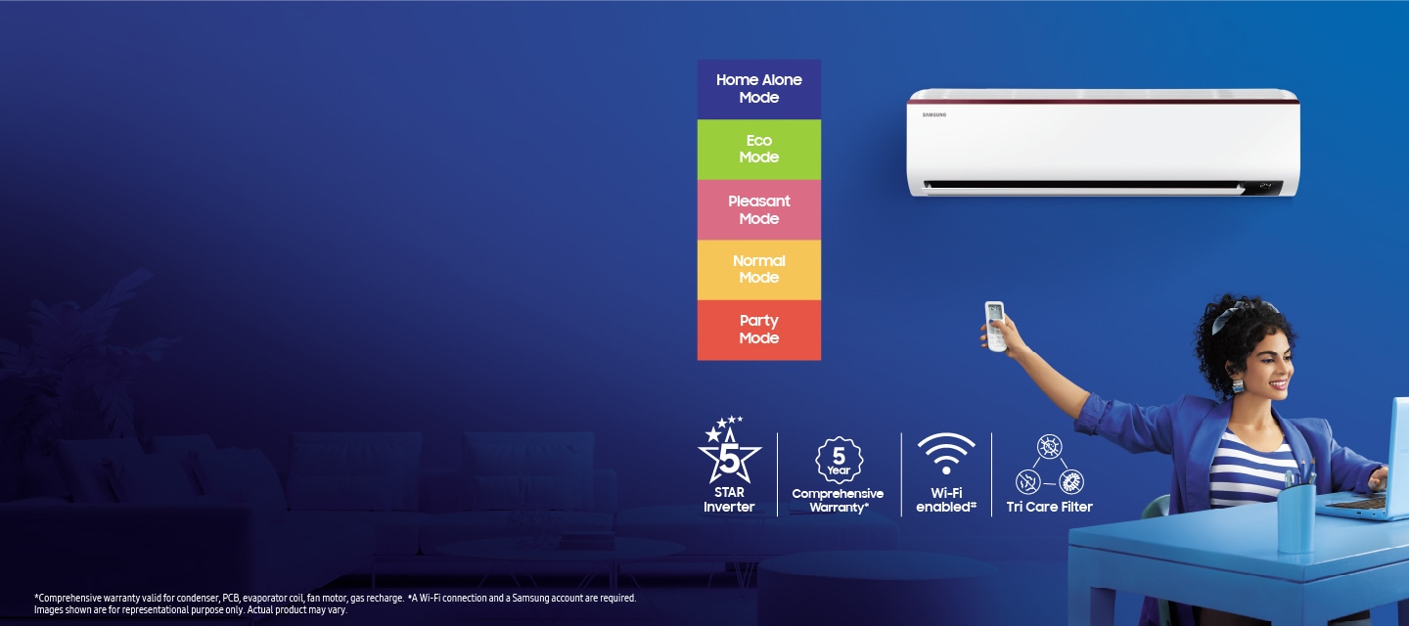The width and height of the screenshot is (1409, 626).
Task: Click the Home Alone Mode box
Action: [758, 89]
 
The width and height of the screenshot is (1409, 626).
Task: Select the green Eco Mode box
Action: [758, 149]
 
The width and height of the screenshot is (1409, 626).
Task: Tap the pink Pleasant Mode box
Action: [758, 209]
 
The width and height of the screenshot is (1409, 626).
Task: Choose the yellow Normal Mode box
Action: [758, 269]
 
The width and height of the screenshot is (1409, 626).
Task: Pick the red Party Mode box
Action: [758, 330]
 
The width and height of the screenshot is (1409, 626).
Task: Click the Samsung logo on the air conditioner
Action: [934, 114]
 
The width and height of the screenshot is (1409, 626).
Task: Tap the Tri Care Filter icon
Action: [1049, 465]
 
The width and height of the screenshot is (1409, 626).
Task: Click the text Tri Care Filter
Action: [1049, 507]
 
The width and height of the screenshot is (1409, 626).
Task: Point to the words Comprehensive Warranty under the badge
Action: [838, 501]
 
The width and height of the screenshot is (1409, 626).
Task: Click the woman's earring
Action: [1237, 385]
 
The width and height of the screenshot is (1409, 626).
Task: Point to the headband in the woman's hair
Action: [1243, 311]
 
